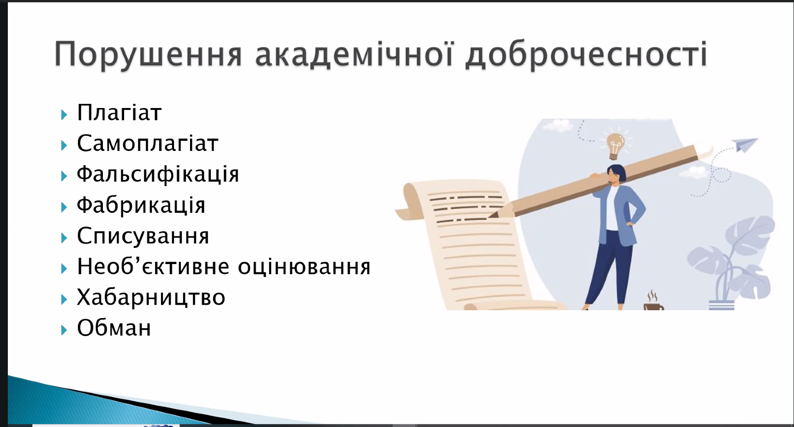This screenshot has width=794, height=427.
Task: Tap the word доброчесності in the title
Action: pos(586,54)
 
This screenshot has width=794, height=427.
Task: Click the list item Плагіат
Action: pos(119,113)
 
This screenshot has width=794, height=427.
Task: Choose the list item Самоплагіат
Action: pos(148,143)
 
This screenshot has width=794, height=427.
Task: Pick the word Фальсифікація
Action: pos(158,174)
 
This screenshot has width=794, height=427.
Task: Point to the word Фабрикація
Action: pos(141,205)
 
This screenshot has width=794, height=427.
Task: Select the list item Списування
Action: pos(143,236)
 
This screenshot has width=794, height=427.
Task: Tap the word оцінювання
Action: pos(304,267)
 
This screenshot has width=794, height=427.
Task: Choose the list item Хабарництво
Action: pos(151,297)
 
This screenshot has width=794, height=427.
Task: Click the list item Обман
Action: pos(114,328)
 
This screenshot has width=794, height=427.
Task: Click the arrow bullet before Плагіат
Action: pos(64,114)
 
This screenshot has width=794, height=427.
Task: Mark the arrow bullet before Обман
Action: pos(64,330)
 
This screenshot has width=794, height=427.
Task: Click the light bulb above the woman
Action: pos(615,145)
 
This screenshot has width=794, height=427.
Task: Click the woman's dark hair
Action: pos(617,173)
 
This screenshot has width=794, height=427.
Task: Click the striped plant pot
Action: pos(721,305)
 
